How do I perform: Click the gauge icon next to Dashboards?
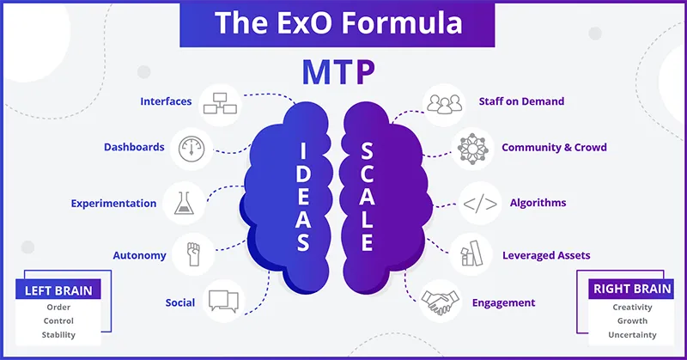192,149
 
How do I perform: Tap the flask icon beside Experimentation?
184,203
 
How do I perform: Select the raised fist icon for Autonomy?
193,254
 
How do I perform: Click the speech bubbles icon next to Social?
223,301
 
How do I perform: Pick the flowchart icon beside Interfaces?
220,103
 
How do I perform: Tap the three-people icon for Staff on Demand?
444,104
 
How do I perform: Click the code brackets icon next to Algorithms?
480,204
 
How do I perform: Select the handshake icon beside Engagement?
440,302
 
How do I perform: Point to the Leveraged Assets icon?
471,253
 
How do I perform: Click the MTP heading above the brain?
338,73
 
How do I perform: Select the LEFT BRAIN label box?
58,290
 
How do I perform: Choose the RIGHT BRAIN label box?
631,289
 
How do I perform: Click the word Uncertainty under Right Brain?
632,335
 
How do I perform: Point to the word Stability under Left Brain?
58,335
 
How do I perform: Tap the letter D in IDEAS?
303,174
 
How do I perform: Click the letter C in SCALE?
367,174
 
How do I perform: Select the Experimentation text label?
113,204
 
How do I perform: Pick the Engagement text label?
503,303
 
